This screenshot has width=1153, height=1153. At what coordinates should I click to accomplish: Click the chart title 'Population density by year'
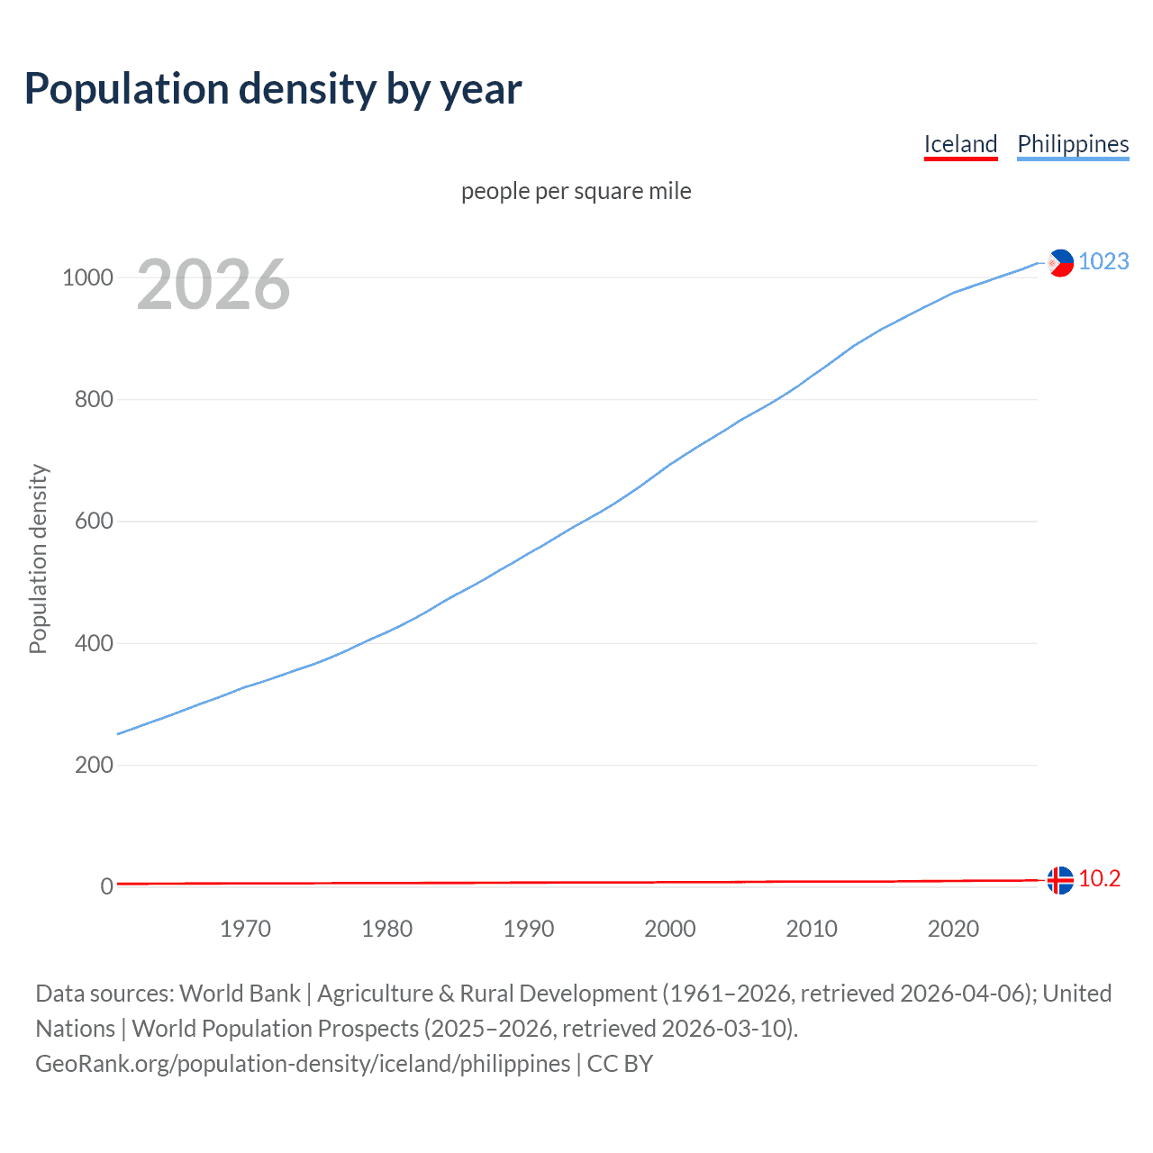(x=273, y=89)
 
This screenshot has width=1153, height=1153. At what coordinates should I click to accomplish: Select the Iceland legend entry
(x=960, y=144)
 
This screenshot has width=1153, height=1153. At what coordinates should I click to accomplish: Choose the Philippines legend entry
(x=1073, y=144)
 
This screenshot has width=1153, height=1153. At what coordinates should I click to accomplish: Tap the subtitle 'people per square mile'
(x=576, y=191)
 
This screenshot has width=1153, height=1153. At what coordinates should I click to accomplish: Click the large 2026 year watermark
(x=213, y=285)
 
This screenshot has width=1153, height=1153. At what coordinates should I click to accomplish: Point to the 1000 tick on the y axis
(x=87, y=277)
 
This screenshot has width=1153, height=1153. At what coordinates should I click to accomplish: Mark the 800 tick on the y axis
(x=94, y=399)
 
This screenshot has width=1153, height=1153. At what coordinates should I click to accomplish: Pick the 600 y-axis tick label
(x=94, y=522)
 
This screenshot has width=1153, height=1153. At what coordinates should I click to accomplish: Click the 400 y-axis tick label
(x=94, y=643)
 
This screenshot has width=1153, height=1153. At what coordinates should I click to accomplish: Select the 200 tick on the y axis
(x=94, y=765)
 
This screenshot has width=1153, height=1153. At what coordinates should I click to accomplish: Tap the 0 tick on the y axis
(x=107, y=886)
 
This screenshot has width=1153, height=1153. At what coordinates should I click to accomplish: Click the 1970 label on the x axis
(x=245, y=929)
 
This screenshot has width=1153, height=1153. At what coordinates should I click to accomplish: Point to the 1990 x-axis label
(x=529, y=929)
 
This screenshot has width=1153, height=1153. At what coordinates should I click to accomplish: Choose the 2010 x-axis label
(x=812, y=929)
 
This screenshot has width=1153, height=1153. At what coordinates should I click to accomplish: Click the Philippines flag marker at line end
(x=1060, y=262)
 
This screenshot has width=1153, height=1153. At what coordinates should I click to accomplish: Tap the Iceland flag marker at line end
(x=1060, y=880)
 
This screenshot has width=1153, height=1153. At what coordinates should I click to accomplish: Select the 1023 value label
(x=1103, y=261)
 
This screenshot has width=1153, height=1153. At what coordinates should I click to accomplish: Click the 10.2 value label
(x=1099, y=879)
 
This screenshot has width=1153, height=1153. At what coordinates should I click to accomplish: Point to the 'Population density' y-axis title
(x=38, y=558)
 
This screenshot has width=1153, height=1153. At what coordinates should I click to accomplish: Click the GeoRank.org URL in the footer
(x=303, y=1064)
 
